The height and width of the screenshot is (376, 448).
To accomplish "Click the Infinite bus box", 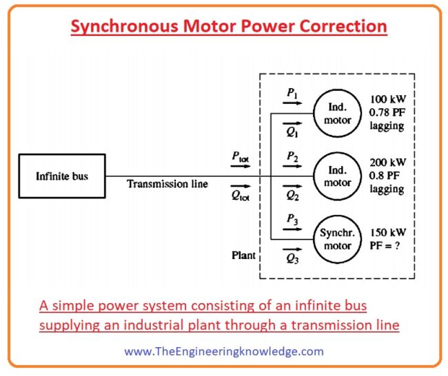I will pos(62,176).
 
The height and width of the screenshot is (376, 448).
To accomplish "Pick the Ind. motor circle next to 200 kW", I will pos(337,176).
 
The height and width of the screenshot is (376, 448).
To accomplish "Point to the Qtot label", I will pos(240,196).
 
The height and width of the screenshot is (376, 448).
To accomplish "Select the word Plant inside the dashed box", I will pos(243,255).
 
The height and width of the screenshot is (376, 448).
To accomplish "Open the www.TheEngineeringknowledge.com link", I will pos(224,351).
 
